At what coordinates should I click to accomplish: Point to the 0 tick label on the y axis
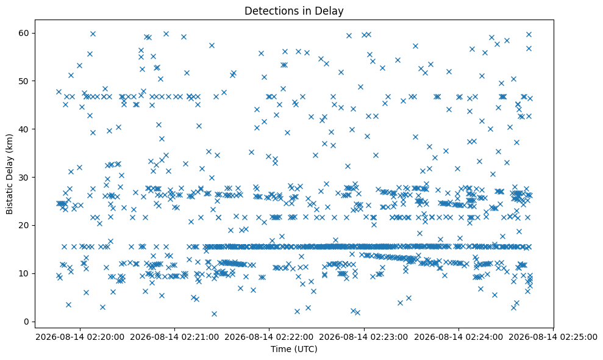pos(27,322)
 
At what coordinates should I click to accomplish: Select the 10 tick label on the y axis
pos(24,273)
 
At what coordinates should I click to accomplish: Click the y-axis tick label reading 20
pos(24,225)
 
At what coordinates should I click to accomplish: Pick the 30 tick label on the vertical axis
pos(24,177)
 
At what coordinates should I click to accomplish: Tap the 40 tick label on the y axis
pos(24,129)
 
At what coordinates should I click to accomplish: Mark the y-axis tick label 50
pos(24,81)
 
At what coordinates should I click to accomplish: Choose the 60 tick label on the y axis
pos(24,33)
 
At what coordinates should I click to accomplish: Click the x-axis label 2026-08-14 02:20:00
pos(80,337)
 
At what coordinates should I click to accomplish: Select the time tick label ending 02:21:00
pos(174,337)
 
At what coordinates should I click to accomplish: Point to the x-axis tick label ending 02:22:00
pos(269,337)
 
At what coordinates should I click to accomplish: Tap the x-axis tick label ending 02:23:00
pos(364,337)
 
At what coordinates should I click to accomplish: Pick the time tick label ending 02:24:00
pos(458,337)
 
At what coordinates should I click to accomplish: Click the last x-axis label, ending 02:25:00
pos(553,337)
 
